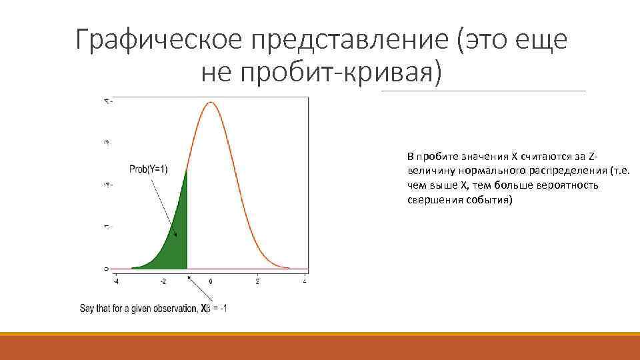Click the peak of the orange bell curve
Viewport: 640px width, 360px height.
pyautogui.click(x=211, y=103)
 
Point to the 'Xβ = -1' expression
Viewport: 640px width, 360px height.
pyautogui.click(x=215, y=309)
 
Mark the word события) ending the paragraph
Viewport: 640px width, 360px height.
pyautogui.click(x=490, y=199)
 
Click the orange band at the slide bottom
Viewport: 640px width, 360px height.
pyautogui.click(x=320, y=347)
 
